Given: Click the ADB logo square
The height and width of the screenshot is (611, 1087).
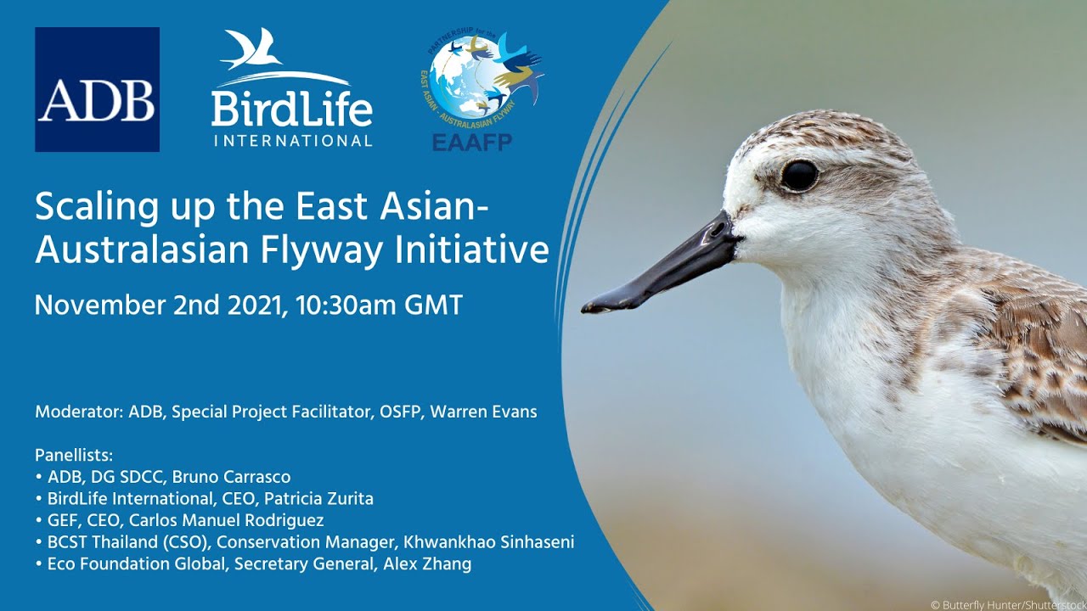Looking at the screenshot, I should [97, 89].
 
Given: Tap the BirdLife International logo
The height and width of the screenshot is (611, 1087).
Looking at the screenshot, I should [291, 89].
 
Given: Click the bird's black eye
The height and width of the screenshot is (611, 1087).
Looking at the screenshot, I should [799, 176].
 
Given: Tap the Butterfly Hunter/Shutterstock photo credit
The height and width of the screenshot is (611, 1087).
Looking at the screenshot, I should [1007, 604].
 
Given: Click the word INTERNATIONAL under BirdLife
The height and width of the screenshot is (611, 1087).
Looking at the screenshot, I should [292, 140].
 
